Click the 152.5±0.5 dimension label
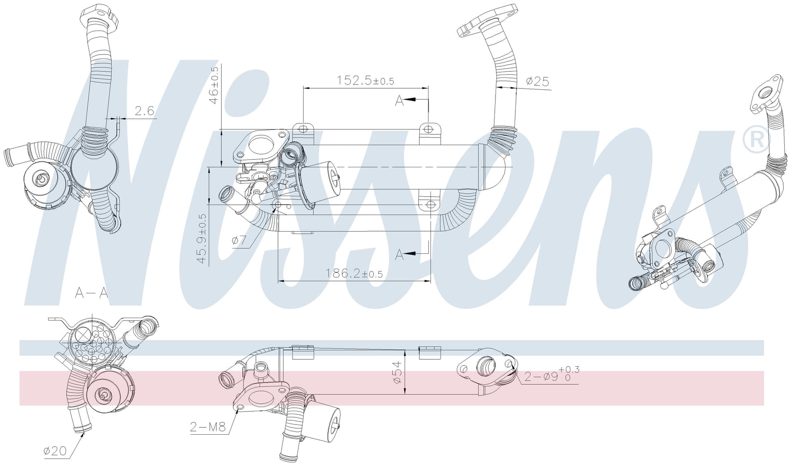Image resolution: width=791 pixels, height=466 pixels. (365, 80)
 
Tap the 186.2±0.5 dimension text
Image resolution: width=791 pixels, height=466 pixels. (354, 273)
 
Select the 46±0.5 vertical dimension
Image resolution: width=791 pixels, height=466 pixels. (214, 85)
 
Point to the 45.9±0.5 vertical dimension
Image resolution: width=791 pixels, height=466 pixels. (201, 239)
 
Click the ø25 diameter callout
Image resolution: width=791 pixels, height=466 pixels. (538, 81)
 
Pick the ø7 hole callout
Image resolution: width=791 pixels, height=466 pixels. (239, 240)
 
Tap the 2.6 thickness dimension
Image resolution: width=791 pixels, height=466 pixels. (144, 110)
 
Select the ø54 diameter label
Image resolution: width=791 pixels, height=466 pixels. (397, 372)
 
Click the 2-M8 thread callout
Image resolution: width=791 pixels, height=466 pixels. (208, 427)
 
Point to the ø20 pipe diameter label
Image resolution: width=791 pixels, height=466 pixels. (55, 451)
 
